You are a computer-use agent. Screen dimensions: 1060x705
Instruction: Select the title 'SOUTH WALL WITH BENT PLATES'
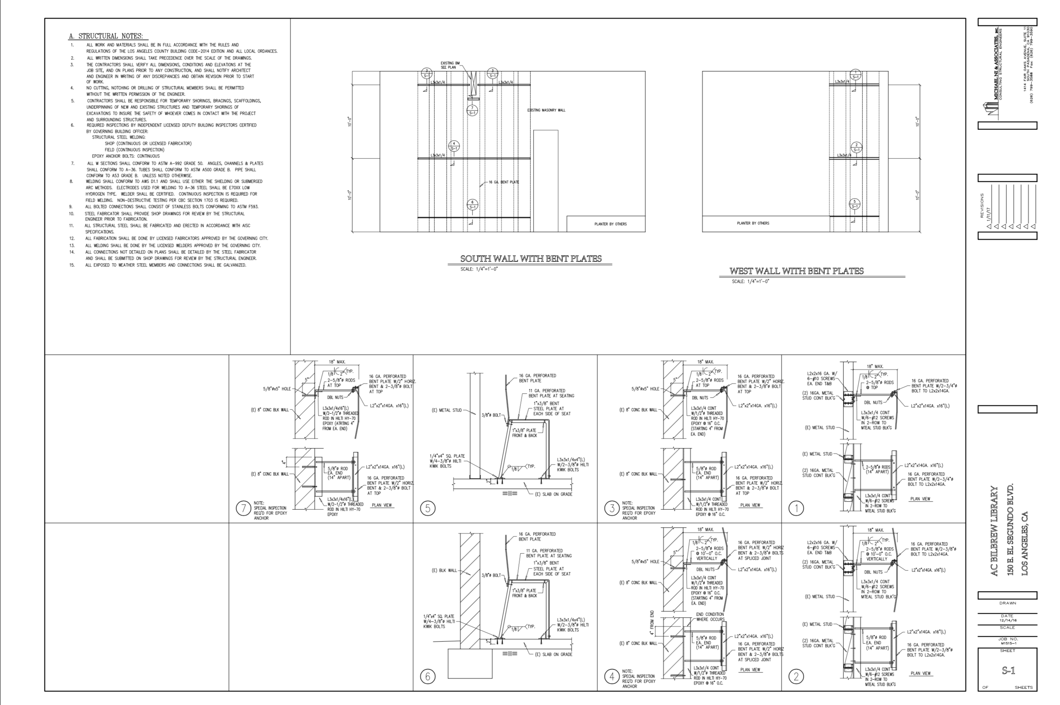[531, 259]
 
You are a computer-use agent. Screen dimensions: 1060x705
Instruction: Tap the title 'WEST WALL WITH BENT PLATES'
[797, 271]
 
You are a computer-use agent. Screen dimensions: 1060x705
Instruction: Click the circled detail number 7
[243, 508]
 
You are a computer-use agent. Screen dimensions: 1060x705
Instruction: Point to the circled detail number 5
[427, 508]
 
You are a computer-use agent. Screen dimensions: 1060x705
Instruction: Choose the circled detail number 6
[427, 676]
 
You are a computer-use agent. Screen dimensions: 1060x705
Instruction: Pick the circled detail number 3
[612, 508]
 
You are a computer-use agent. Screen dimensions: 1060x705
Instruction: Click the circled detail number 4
[612, 676]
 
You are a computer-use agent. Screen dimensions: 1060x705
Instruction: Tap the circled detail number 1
[796, 508]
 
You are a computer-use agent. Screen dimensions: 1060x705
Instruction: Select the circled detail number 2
[796, 676]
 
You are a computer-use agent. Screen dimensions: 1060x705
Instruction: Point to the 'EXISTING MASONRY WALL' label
[546, 110]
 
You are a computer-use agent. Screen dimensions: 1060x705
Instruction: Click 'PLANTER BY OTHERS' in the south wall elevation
[610, 224]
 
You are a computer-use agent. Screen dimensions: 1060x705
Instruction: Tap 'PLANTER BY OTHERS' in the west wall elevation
[753, 223]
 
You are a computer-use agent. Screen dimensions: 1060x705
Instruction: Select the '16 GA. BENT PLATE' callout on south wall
[504, 182]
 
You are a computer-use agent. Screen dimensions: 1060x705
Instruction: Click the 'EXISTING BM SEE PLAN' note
[450, 65]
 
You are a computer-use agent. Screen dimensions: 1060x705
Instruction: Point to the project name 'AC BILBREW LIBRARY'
[994, 531]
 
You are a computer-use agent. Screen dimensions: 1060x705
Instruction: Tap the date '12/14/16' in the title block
[1007, 620]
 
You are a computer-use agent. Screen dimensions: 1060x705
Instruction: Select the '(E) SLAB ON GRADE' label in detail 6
[554, 654]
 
